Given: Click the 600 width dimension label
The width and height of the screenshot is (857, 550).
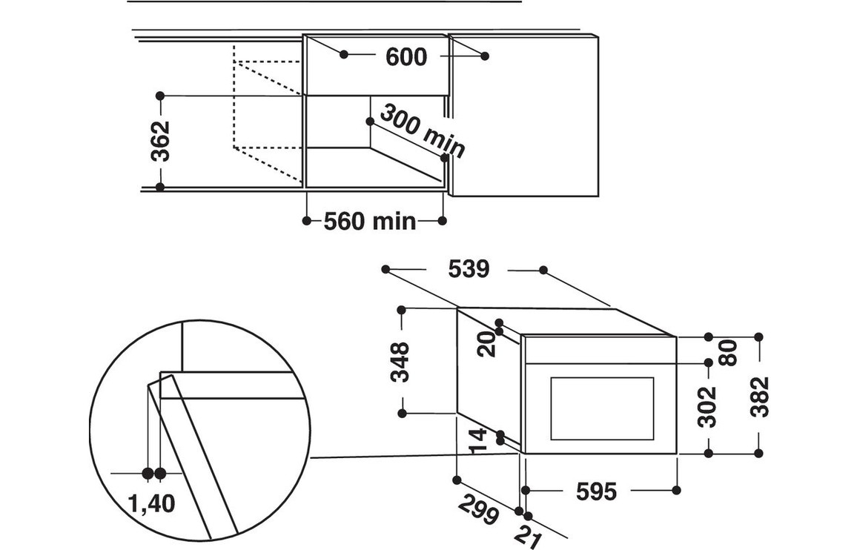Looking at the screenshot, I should pos(406,57).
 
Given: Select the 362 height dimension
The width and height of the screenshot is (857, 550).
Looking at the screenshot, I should pos(160,141).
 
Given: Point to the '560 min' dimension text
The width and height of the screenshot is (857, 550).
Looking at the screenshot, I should pos(369,221).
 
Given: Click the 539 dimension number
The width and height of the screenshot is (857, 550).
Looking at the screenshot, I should pos(469,270).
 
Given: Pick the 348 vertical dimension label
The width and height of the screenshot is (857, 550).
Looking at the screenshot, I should pos(400,361).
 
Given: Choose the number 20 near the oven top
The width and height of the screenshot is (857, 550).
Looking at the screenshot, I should pos(486,344).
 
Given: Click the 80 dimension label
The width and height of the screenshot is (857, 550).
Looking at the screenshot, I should pos(729,352).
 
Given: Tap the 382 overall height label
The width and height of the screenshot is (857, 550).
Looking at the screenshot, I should pos(760,397).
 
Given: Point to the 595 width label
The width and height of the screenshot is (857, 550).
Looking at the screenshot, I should pos(596,491).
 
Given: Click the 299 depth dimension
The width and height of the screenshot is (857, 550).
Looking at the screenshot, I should pos(477,509).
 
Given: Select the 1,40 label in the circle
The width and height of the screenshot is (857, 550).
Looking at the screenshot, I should pos(151,504).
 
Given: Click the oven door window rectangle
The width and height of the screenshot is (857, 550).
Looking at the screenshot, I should pos(602,408).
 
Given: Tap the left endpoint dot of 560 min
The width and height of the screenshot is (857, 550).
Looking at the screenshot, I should pos(307,220).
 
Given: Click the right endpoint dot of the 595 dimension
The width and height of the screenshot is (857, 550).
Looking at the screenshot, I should pos(675,489).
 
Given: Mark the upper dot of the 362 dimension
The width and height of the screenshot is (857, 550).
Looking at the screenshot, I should pos(160,96).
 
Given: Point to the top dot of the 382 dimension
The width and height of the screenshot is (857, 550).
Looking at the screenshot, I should pos(758,337).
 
